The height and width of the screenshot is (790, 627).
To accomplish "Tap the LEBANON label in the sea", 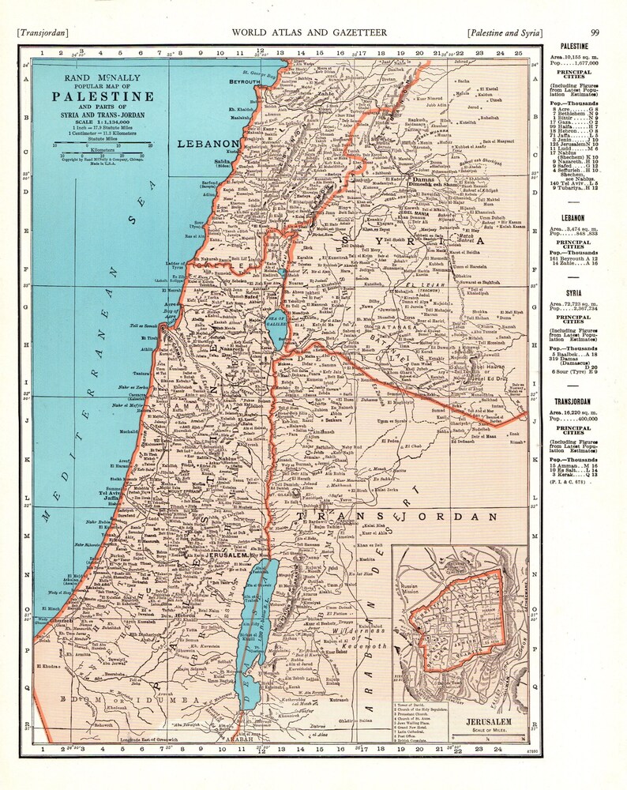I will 208,144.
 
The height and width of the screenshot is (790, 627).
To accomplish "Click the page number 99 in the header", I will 595,32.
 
